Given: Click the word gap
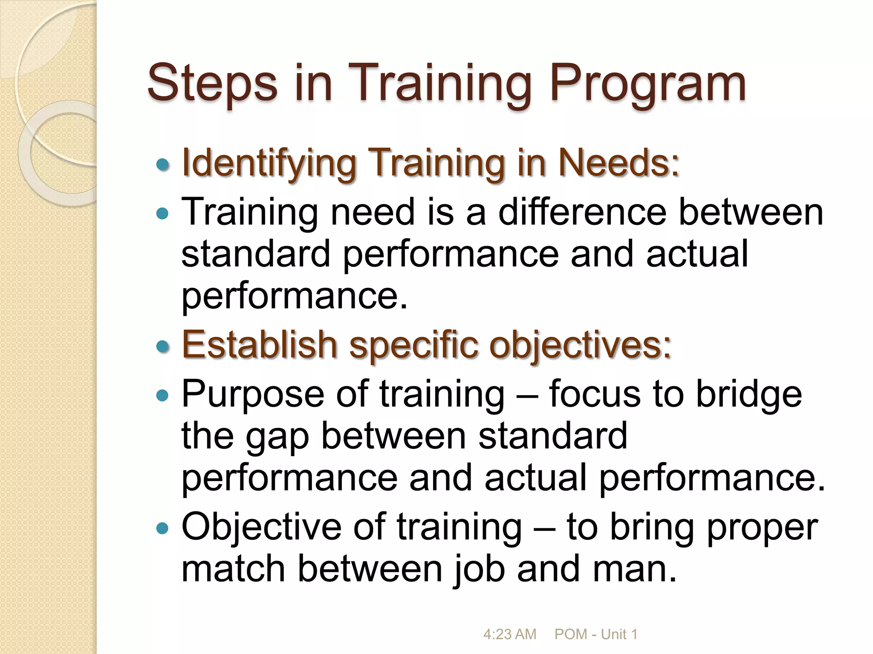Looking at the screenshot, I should [277, 437].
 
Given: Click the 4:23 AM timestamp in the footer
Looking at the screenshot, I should [509, 634].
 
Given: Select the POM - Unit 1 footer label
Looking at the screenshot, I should [596, 634].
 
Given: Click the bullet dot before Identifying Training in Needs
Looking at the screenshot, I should [162, 165].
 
